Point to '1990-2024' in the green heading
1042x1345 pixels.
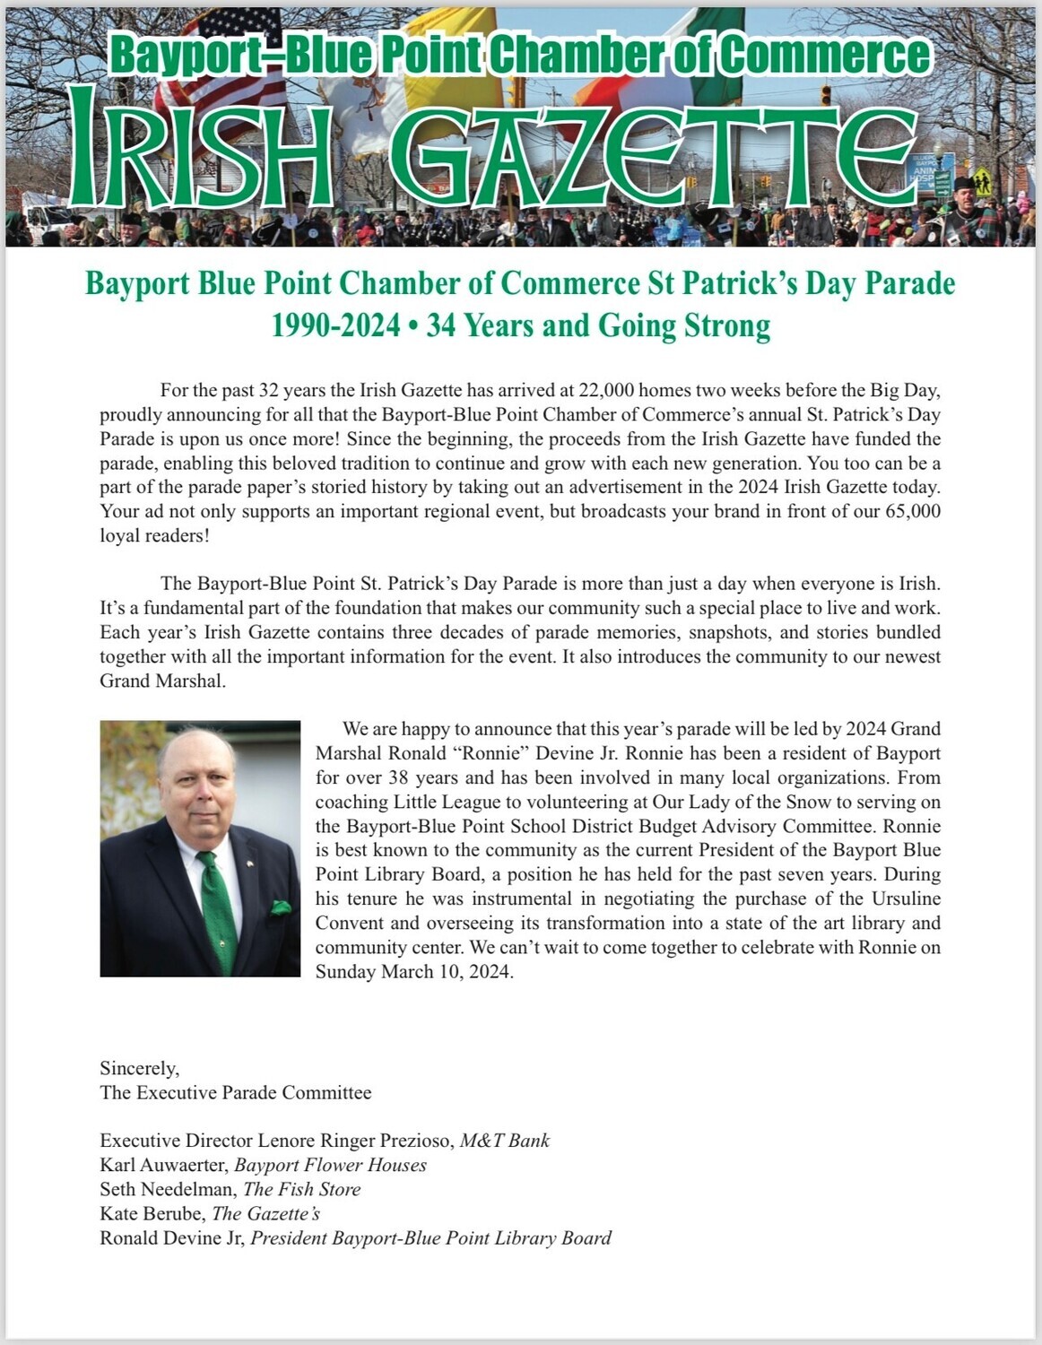point(336,325)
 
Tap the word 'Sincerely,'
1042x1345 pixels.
point(139,1068)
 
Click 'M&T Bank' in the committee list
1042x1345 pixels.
point(504,1141)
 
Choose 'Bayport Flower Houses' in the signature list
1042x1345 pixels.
point(330,1165)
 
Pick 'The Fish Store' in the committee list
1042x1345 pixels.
point(301,1189)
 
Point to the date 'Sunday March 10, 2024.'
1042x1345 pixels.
point(414,972)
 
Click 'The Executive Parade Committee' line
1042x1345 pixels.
point(235,1092)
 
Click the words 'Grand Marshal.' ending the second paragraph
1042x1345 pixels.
point(162,681)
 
